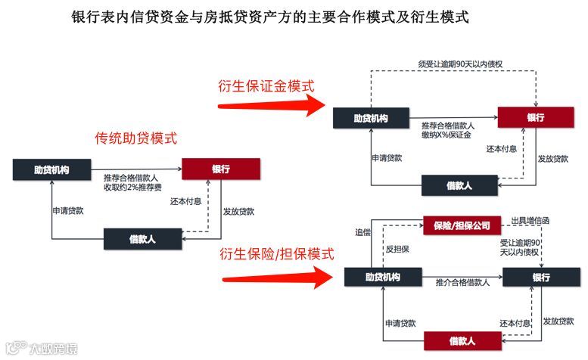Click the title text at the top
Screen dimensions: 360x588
point(270,17)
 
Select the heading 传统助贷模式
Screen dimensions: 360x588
point(136,138)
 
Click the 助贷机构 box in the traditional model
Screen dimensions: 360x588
point(51,169)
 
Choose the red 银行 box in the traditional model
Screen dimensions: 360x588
point(221,169)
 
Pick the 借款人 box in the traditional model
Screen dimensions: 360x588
point(142,239)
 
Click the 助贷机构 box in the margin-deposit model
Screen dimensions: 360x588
point(371,119)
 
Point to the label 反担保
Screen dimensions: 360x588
point(397,249)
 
